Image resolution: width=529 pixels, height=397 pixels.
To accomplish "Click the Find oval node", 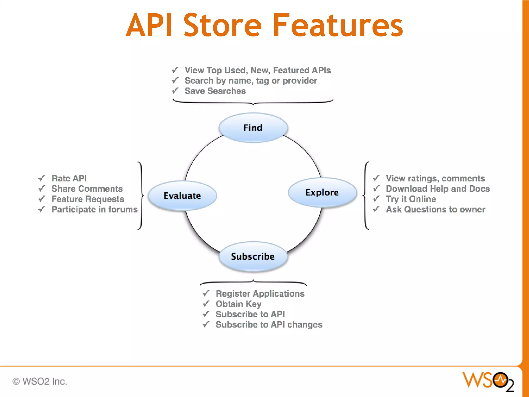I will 253,128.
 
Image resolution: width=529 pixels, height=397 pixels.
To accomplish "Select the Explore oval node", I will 322,192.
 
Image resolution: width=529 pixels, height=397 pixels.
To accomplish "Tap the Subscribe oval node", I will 253,256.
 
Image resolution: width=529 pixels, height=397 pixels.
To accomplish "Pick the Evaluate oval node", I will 182,196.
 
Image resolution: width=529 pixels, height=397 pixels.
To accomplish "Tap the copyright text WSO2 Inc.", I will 40,381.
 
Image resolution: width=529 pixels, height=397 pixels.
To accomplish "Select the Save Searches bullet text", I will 215,91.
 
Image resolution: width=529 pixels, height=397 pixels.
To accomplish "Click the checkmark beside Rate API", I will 42,178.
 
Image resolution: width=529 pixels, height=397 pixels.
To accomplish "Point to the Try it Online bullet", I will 411,199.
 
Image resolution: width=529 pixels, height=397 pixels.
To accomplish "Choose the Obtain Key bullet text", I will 238,304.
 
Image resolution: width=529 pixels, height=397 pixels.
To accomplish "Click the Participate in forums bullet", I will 95,209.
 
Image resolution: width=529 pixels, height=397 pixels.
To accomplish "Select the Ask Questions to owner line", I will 435,209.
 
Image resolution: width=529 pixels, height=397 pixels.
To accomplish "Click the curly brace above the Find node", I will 253,102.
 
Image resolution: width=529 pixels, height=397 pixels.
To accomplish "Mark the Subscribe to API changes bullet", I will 269,325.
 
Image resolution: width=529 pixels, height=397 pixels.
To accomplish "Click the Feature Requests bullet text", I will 88,199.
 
